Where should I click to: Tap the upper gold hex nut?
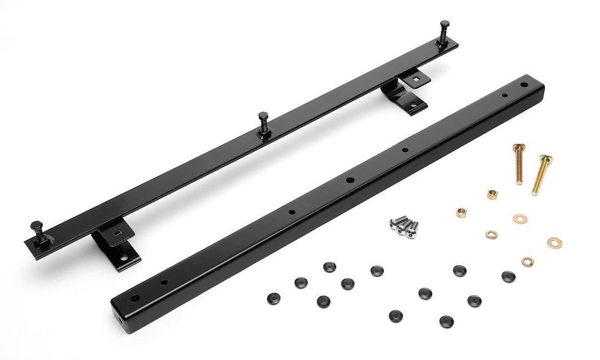tap(492, 194)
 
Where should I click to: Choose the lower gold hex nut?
tap(461, 212)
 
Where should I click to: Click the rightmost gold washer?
tap(553, 242)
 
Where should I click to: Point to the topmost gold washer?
tap(521, 217)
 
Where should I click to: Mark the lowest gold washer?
tap(527, 261)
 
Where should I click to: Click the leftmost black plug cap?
tap(273, 297)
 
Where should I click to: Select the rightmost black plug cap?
tap(508, 276)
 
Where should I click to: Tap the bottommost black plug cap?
tap(446, 321)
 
